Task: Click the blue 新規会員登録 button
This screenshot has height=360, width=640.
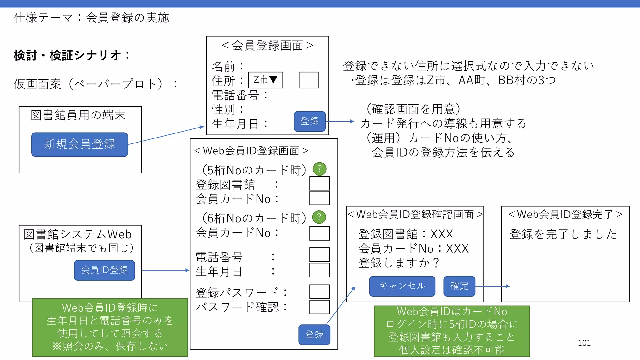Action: pyautogui.click(x=80, y=144)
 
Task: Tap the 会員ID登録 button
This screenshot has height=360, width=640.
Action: pyautogui.click(x=104, y=270)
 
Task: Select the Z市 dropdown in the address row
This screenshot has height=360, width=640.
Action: pyautogui.click(x=266, y=80)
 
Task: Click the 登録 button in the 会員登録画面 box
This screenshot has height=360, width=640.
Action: pyautogui.click(x=309, y=121)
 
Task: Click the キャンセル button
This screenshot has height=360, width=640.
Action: pyautogui.click(x=402, y=286)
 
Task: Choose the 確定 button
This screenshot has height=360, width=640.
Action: pyautogui.click(x=459, y=286)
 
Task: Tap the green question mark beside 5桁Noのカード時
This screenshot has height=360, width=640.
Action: pyautogui.click(x=319, y=169)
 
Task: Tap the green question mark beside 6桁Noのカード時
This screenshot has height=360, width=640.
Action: pyautogui.click(x=319, y=217)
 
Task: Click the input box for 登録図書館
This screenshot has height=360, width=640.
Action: pyautogui.click(x=319, y=183)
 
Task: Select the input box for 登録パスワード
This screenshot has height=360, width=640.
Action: pyautogui.click(x=319, y=292)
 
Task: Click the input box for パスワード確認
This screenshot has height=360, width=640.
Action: pyautogui.click(x=319, y=307)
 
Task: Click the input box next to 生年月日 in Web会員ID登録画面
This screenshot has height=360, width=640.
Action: pyautogui.click(x=319, y=270)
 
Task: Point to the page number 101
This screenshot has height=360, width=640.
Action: pyautogui.click(x=584, y=343)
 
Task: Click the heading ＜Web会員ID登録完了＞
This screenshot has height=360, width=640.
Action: pyautogui.click(x=565, y=214)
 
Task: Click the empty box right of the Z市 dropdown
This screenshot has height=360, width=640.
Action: pyautogui.click(x=308, y=80)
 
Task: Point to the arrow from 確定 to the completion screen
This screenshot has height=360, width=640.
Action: pyautogui.click(x=492, y=286)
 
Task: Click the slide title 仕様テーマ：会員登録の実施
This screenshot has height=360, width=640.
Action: pyautogui.click(x=91, y=18)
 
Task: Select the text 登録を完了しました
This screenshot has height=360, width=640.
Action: pyautogui.click(x=563, y=234)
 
